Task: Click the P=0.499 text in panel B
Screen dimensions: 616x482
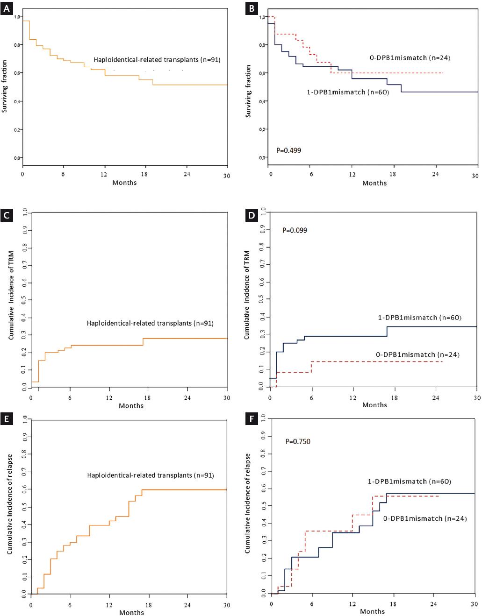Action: coord(288,150)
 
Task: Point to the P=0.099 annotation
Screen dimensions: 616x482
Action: coord(295,230)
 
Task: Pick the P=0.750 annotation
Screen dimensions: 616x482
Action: coord(298,441)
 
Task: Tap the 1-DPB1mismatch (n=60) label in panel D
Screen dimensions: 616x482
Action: coord(419,318)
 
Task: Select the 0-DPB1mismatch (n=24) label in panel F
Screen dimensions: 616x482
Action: coord(425,518)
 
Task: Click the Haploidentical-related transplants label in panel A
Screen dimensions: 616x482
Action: coord(157,60)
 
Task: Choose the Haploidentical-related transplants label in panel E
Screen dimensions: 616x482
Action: coord(150,475)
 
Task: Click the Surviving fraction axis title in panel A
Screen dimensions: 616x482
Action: coord(5,86)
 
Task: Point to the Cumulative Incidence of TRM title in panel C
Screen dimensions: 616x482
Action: coord(11,298)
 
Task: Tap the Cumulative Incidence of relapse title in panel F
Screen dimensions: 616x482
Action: coord(247,503)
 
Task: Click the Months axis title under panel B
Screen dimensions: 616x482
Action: coord(374,183)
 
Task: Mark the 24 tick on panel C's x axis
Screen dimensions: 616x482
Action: coord(187,398)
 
